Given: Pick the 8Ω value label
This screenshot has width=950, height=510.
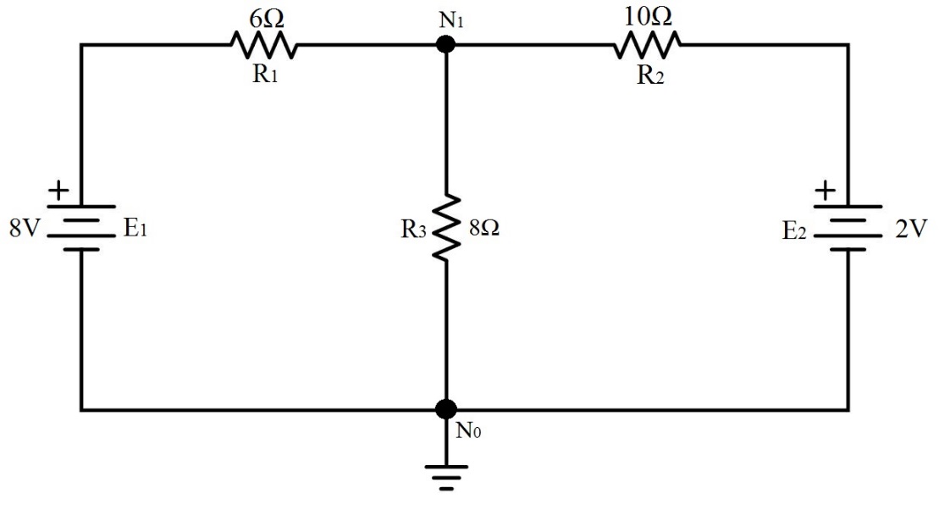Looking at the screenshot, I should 483,229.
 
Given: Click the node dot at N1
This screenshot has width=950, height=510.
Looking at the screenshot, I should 444,44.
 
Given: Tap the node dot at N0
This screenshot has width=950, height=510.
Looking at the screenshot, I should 445,410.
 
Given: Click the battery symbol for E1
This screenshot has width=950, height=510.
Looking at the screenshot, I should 81,228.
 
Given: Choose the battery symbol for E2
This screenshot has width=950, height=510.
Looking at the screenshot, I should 847,228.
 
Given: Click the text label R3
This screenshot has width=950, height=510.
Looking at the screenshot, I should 415,230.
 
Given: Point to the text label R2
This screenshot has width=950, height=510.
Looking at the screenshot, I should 649,75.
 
